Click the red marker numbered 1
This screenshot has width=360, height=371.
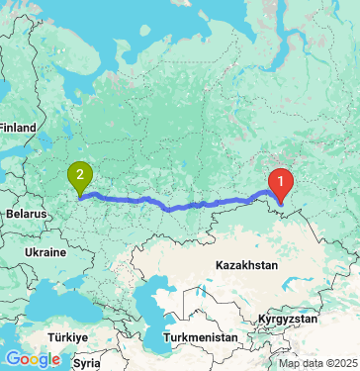(x=282, y=184)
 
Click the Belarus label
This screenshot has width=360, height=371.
(x=27, y=213)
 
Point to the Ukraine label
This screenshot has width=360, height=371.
(x=45, y=252)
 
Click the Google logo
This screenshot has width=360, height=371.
(x=33, y=359)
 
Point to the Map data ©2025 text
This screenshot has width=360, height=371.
(x=318, y=364)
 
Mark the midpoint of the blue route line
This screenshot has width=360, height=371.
(x=178, y=207)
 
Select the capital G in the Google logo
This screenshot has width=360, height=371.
(x=12, y=359)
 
